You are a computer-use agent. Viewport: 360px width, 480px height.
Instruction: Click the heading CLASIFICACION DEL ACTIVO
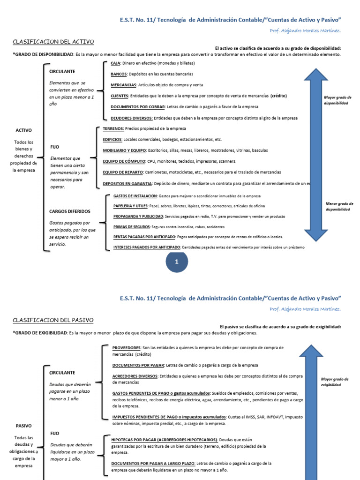pos(53,42)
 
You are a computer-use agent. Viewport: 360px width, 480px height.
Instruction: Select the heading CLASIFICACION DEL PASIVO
pos(53,320)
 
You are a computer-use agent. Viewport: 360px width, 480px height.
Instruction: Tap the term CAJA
pos(115,63)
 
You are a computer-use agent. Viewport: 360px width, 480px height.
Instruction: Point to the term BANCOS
pos(119,74)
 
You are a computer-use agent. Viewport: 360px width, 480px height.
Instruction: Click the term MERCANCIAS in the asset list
pos(124,85)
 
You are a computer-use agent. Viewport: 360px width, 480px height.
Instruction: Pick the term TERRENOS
pos(113,128)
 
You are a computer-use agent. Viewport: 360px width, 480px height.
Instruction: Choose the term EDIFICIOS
pos(112,139)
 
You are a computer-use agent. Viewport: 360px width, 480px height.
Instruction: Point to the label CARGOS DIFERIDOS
pos(69,211)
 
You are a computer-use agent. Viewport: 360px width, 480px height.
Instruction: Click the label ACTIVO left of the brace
pos(23,130)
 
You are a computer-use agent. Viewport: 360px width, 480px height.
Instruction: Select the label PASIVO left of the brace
pos(23,426)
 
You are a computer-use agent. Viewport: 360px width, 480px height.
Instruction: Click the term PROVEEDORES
pos(127,348)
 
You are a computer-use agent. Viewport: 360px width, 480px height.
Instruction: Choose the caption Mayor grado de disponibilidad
pos(337,100)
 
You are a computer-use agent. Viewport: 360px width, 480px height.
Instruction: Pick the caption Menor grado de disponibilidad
pos(339,206)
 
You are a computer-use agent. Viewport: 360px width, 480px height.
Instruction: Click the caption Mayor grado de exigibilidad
pos(335,382)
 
